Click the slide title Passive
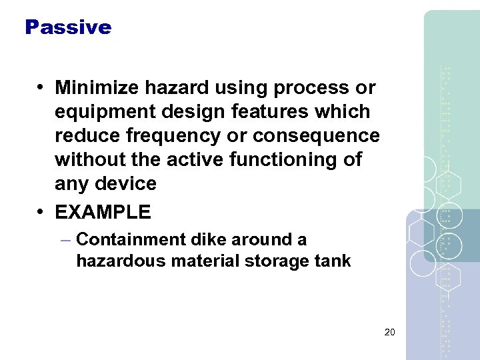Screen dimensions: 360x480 [68, 27]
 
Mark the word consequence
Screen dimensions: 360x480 [316, 135]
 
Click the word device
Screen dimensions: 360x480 [127, 183]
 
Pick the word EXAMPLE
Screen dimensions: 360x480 [103, 213]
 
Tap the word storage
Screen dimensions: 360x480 [281, 261]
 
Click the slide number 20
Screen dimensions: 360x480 [391, 331]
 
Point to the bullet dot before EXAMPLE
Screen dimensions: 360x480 [41, 213]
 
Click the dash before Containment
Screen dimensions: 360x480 [67, 239]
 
